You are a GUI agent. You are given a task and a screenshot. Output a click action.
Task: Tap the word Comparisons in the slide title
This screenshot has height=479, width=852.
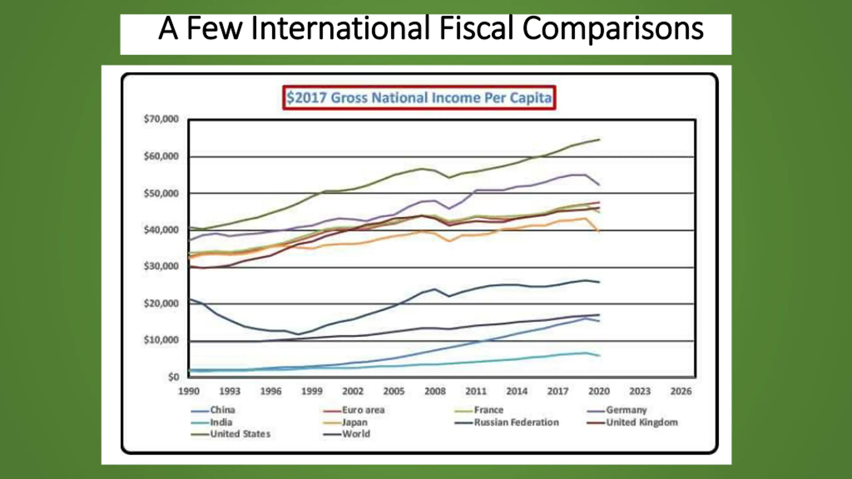[x=613, y=29]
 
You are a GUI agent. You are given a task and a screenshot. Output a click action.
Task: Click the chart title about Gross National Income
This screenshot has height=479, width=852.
[x=419, y=98]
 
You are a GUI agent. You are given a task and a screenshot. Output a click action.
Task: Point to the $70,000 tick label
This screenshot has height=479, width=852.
[x=161, y=119]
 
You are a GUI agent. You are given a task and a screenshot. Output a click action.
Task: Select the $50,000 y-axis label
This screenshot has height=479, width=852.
[x=161, y=193]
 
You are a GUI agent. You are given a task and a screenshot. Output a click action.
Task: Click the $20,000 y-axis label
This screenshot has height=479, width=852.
[x=161, y=303]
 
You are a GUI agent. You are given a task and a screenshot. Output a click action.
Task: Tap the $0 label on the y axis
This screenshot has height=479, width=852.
[x=173, y=377]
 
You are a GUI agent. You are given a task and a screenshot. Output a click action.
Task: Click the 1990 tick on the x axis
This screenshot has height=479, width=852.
[x=189, y=391]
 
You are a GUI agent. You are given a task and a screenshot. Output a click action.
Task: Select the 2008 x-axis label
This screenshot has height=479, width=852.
[x=435, y=391]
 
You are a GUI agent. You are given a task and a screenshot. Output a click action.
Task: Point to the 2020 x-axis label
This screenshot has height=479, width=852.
[x=599, y=391]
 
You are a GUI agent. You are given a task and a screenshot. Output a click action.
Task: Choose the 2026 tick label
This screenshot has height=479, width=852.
[x=681, y=391]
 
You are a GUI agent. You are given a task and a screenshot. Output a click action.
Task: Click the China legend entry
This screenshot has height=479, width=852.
[x=222, y=410]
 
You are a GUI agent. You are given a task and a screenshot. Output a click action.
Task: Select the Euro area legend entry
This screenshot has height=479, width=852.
[x=363, y=410]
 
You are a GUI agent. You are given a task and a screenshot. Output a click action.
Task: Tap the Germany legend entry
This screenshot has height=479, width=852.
[x=626, y=410]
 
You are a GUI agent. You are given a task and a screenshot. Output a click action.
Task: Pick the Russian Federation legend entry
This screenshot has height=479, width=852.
[x=516, y=422]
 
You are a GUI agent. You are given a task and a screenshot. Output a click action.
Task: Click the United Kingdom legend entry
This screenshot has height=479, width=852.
[x=642, y=422]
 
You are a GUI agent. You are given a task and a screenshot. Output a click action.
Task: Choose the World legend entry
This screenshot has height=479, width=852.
[x=356, y=434]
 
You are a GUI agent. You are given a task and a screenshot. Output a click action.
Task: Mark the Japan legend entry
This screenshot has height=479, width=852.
[x=355, y=422]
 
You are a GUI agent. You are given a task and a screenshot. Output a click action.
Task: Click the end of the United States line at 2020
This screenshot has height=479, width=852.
[x=599, y=140]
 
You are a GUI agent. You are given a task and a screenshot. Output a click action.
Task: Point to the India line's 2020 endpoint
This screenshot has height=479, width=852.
[x=599, y=356]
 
